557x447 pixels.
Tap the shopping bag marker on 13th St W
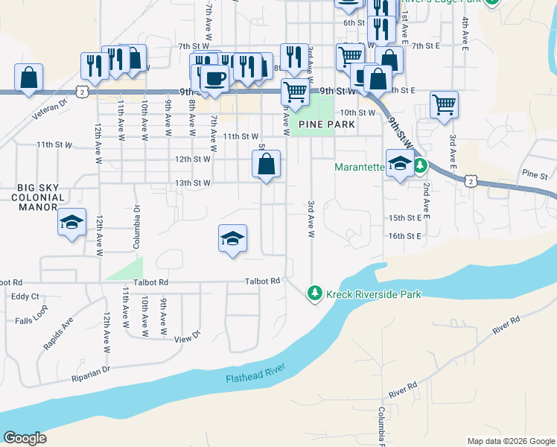[x=266, y=164]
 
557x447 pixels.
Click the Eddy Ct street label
[x=25, y=297]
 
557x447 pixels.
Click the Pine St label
[x=534, y=174]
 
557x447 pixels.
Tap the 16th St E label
[x=404, y=236]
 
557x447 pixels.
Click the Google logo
[x=25, y=438]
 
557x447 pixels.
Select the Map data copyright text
[x=510, y=441]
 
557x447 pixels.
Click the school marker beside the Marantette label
[x=400, y=164]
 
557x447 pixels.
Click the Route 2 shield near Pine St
[x=470, y=180]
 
